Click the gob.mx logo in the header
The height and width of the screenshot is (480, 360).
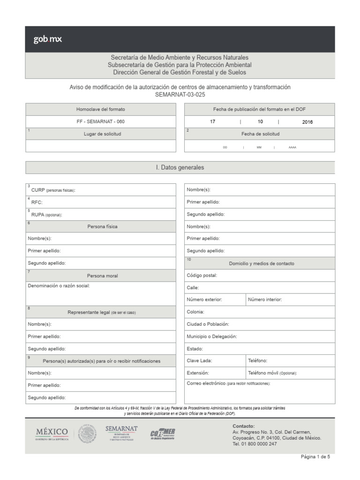[x=47, y=39]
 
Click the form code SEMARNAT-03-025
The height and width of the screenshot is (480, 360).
[x=180, y=94]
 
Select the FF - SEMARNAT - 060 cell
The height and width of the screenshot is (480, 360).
[x=101, y=121]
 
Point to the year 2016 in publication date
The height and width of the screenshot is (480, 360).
[x=307, y=122]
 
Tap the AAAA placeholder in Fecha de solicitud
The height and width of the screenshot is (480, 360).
[x=292, y=147]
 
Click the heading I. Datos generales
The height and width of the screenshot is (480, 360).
[x=180, y=167]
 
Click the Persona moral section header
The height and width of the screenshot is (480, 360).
[x=102, y=276]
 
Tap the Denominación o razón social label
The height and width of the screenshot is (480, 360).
[x=59, y=285]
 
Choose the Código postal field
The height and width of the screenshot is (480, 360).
[x=260, y=276]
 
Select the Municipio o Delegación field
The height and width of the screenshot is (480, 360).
[x=260, y=337]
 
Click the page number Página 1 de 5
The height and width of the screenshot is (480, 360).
[x=315, y=457]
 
